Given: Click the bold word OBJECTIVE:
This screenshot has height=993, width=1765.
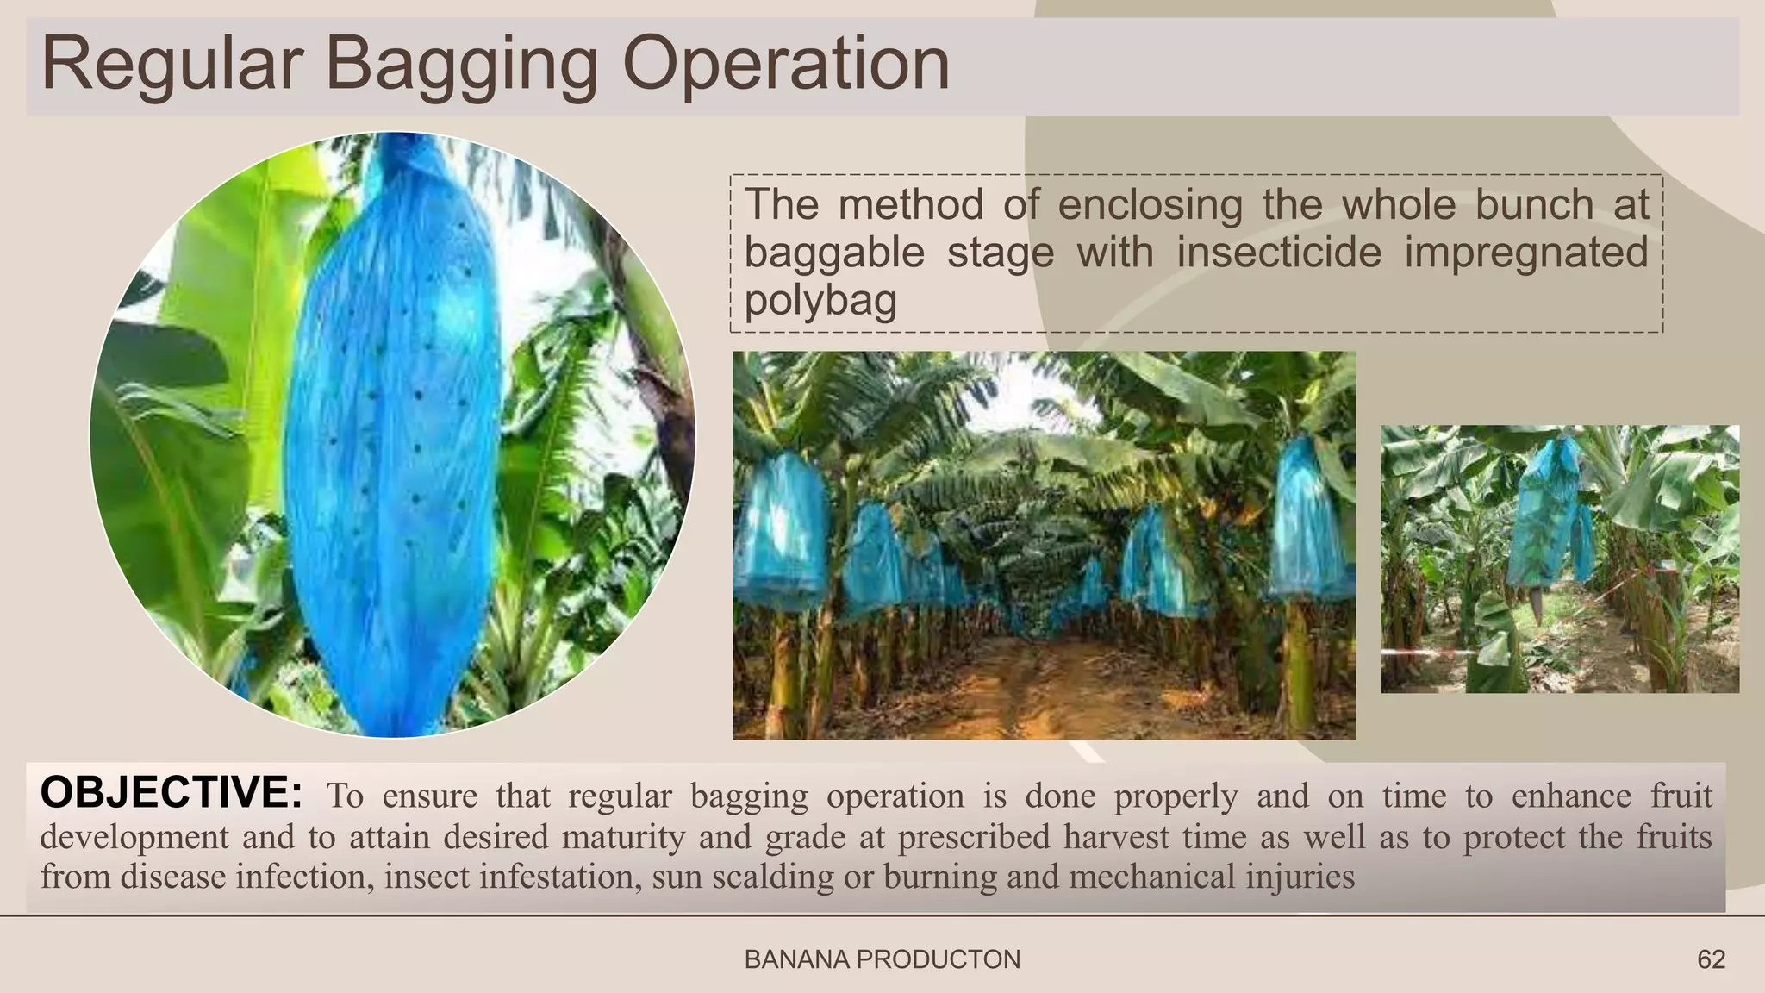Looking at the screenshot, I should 172,792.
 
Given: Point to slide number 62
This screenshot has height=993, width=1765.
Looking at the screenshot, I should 1711,959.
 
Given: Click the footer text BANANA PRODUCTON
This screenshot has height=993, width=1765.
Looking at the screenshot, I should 882,959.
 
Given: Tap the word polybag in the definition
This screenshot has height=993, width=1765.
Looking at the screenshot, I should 820,301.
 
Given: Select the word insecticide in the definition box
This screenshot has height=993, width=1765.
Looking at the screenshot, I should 1279,253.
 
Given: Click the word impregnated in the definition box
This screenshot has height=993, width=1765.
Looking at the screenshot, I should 1525,253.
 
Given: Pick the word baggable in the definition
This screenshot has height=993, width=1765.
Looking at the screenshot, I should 833,253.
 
